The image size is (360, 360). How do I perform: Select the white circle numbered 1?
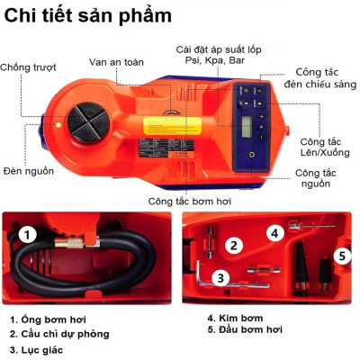point(28,236)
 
